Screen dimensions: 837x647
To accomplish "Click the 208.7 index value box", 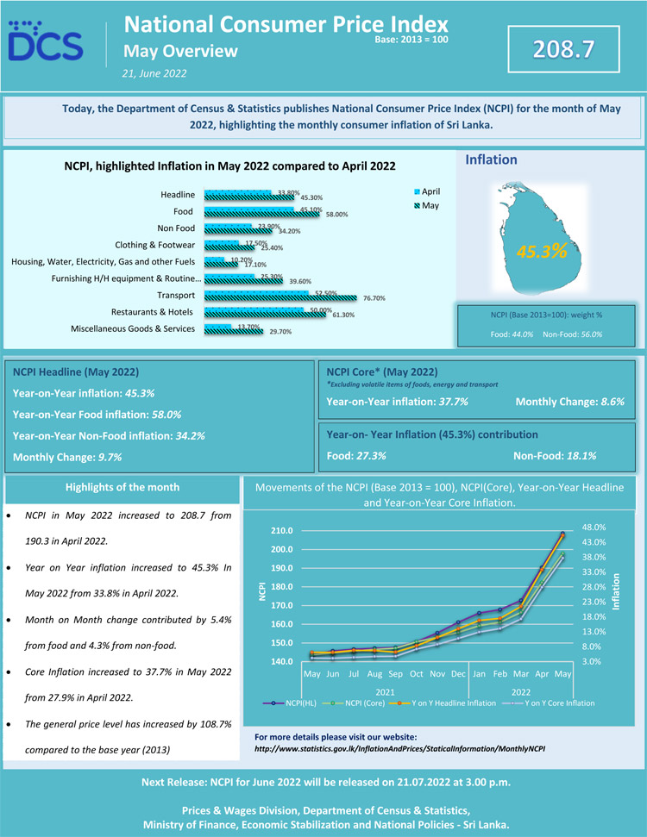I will pos(565,49).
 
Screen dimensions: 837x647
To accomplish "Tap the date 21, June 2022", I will pos(155,73).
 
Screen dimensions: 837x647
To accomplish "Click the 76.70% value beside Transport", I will pos(374,298).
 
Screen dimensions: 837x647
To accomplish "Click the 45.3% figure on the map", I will pos(541,252).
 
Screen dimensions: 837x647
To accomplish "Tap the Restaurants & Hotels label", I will pos(153,311).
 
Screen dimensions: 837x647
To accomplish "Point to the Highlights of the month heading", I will pos(122,487).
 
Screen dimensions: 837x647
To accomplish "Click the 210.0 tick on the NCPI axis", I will pos(282,530).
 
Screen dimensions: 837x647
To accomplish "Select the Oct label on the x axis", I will pos(416,673).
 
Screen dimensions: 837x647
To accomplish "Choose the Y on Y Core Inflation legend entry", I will pos(551,703).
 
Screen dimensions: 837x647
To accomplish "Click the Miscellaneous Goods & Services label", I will pos(133,328).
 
